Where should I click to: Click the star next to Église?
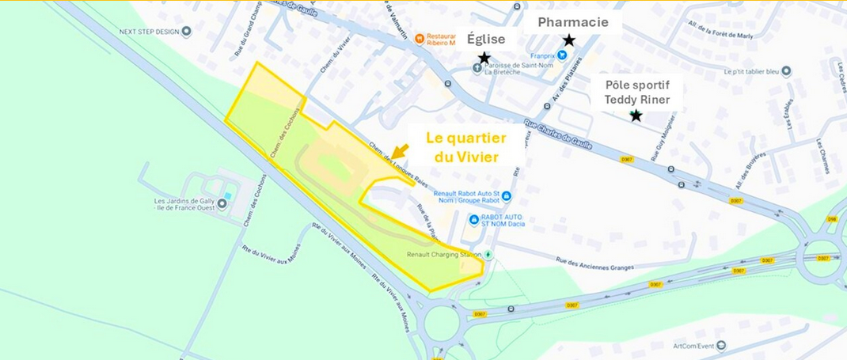(x=484, y=58)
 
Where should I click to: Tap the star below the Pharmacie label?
(x=568, y=40)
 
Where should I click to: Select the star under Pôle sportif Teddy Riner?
(x=635, y=116)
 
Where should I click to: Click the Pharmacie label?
(x=573, y=22)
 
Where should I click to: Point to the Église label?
(x=485, y=40)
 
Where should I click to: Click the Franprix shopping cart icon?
(x=561, y=55)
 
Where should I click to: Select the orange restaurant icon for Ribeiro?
(x=420, y=39)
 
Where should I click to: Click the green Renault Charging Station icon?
(x=488, y=255)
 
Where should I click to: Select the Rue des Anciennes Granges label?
(x=594, y=264)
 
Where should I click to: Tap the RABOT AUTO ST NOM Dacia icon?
(x=475, y=220)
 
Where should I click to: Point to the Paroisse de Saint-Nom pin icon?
(x=477, y=67)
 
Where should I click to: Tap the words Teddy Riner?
(x=637, y=99)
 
